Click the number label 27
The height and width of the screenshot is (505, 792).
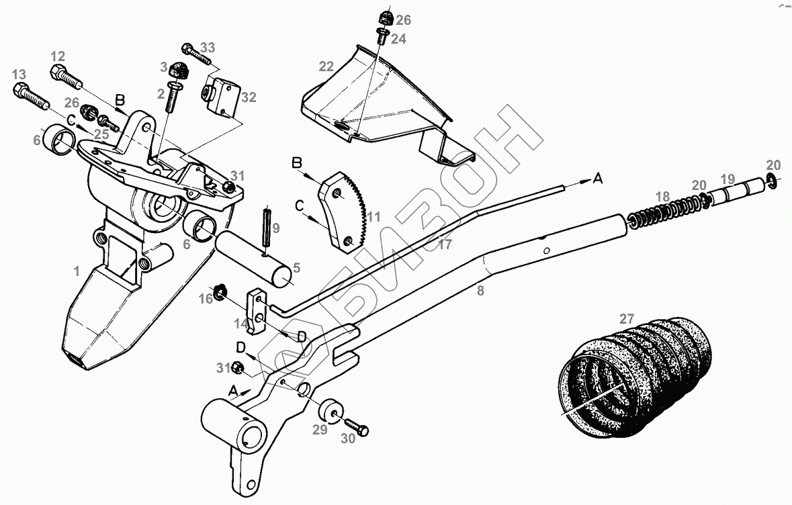coord(626,318)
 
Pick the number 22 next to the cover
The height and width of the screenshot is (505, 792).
coord(326,66)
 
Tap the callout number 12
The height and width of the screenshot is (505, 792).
coord(58,56)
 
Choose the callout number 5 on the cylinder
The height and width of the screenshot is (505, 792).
coord(296,268)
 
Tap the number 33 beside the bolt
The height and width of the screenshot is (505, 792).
coord(208,48)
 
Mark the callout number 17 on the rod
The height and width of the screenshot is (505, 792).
coord(445,244)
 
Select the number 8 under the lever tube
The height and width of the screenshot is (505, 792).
coord(479,290)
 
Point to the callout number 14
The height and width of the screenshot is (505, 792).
coord(240,323)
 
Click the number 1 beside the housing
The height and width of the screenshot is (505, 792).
coord(77,271)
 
